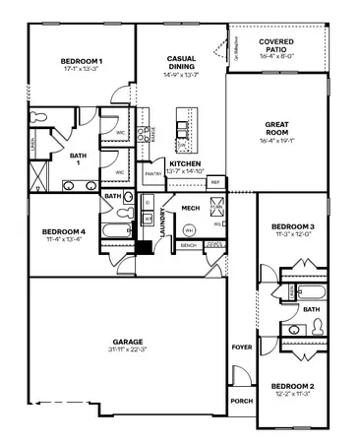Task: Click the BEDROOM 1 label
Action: [82, 61]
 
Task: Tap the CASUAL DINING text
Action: [181, 62]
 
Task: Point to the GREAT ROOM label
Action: [276, 129]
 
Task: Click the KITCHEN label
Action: [185, 164]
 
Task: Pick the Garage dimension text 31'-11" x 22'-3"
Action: [128, 349]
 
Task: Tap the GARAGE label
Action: [128, 342]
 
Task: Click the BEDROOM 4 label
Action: [60, 232]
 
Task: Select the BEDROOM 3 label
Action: [292, 227]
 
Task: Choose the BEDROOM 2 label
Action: [292, 385]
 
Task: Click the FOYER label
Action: [241, 348]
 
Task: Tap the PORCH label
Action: [241, 401]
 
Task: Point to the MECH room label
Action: [191, 209]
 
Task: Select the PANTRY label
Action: [152, 174]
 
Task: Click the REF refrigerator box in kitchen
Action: [214, 181]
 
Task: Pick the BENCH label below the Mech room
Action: [188, 245]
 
